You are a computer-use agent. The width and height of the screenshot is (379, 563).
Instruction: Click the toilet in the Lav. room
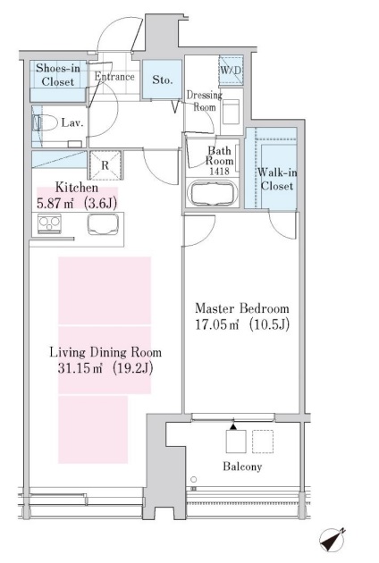pos(45,123)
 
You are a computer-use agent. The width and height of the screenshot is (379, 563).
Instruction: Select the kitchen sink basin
pos(103,224)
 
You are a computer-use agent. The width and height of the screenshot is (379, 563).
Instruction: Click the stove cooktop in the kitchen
pos(49,223)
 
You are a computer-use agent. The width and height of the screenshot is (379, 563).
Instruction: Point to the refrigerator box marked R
pos(105,165)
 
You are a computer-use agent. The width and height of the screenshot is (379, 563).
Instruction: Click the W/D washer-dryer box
pos(231,70)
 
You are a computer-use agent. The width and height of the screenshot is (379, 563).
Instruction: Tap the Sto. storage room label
pos(163,80)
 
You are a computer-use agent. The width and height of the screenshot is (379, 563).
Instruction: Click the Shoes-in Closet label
pos(58,75)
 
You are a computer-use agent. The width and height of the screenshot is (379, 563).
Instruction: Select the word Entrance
pos(114,77)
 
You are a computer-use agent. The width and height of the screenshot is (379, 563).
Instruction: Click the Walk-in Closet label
pos(277,179)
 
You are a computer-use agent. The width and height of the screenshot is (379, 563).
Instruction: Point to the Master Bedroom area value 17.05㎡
pos(217,324)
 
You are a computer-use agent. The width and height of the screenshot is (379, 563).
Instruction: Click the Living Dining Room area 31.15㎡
pos(80,368)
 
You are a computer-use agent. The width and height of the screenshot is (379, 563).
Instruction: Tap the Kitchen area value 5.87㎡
pos(55,204)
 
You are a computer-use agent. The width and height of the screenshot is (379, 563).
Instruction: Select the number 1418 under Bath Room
pos(220,172)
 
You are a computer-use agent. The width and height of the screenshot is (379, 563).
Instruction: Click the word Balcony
pos(242,466)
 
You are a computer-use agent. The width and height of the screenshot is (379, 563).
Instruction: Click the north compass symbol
pos(333,540)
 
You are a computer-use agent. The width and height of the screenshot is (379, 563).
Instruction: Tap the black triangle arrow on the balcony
pos(233,427)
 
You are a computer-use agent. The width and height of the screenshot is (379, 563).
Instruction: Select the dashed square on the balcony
pos(263,441)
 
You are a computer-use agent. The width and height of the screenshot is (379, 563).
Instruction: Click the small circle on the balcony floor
pos(194,479)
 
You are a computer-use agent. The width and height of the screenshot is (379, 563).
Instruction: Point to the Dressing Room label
pos(205,101)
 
